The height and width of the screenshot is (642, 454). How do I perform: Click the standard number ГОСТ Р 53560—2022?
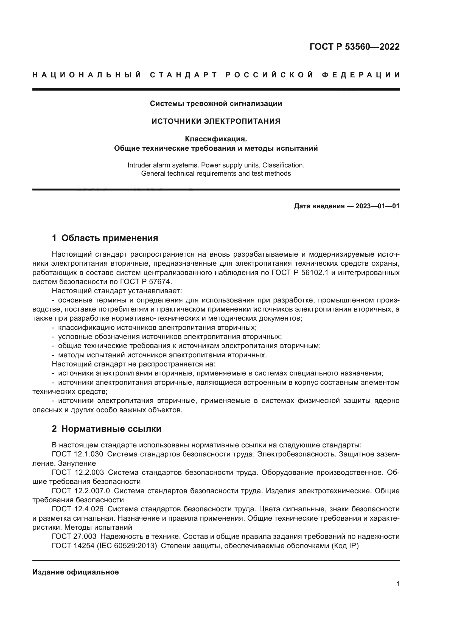[354, 47]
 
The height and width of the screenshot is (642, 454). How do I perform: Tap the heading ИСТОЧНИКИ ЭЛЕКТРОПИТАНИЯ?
[216, 121]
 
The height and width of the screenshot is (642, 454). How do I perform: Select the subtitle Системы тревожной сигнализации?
[216, 104]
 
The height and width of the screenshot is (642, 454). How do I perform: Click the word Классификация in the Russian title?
[216, 139]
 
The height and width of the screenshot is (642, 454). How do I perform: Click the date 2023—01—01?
[377, 206]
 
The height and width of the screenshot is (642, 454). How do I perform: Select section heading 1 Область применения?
[105, 238]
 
